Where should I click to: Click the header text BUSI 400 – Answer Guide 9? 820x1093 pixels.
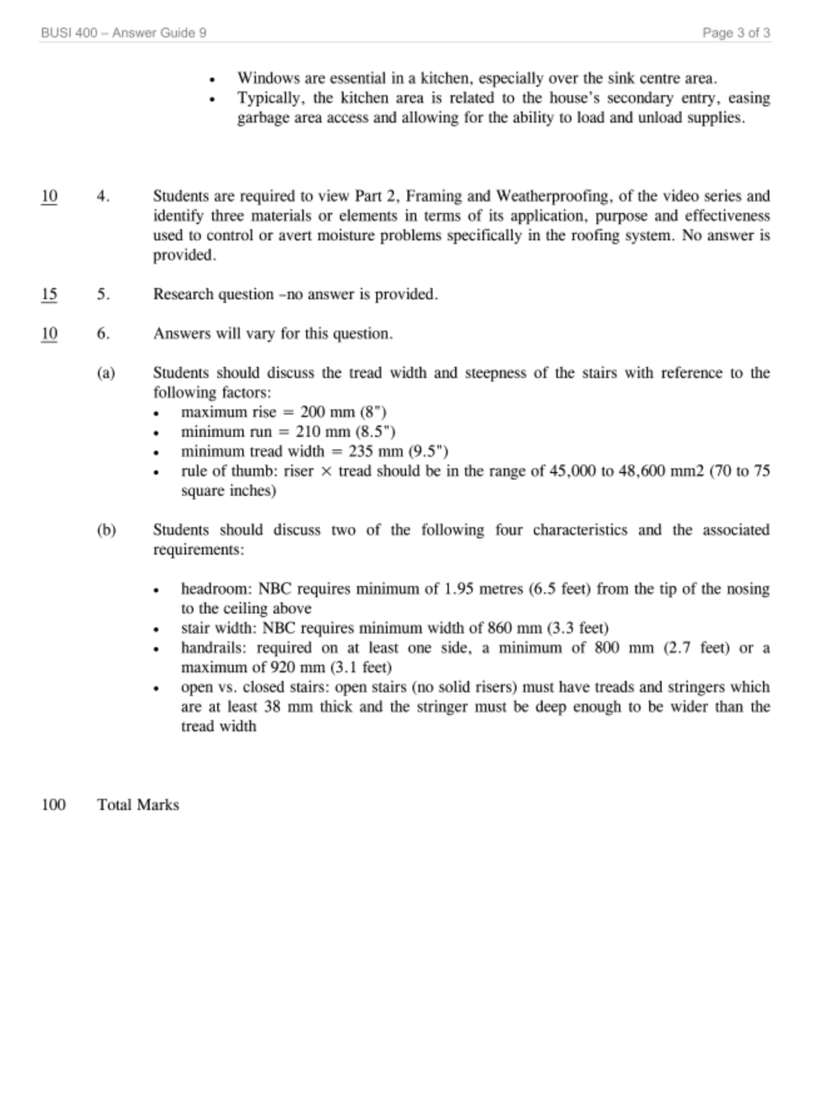point(123,33)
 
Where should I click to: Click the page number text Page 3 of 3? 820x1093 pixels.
point(735,33)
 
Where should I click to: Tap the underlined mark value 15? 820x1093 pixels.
point(49,294)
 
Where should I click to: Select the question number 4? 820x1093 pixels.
point(103,197)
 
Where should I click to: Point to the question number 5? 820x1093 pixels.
point(103,294)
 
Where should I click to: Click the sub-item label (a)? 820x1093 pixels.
point(106,373)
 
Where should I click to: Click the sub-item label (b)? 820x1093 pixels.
point(106,530)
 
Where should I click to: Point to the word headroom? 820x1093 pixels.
point(217,589)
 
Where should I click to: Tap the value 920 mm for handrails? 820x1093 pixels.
point(297,667)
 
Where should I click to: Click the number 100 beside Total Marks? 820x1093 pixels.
point(53,805)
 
